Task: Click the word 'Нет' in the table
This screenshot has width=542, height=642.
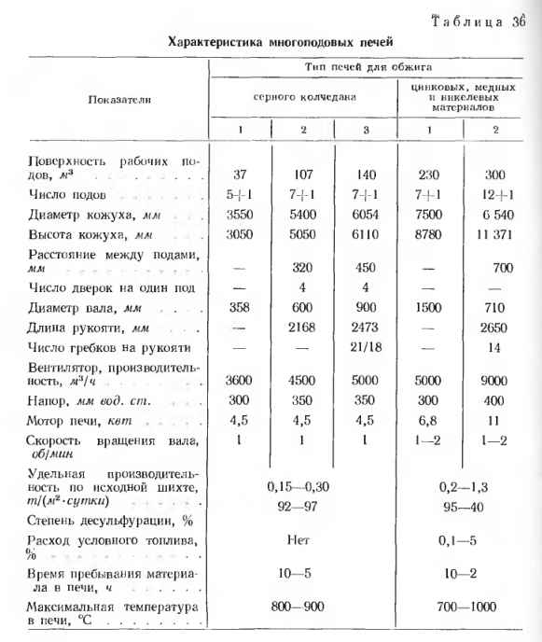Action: (x=304, y=538)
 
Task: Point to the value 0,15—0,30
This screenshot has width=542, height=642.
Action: (x=304, y=486)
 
